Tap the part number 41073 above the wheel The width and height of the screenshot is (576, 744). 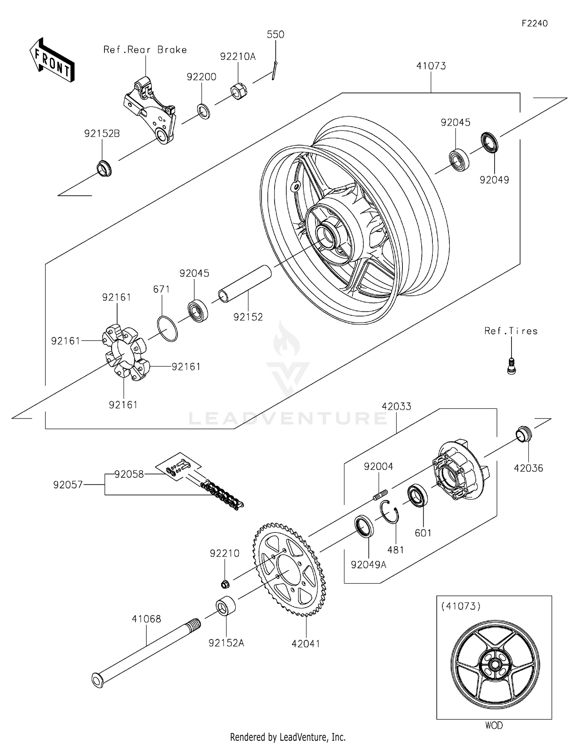tap(431, 66)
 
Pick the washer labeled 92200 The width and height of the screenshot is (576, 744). tap(204, 111)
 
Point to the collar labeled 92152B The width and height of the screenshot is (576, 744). tap(103, 169)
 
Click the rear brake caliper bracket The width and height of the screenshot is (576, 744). tap(151, 111)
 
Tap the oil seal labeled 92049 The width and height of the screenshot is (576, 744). tap(490, 142)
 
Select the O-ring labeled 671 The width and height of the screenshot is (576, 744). tap(167, 329)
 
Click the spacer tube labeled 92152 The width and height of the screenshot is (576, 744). tap(245, 284)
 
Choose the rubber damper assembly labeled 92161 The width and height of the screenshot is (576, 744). tap(124, 352)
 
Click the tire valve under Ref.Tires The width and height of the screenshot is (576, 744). tap(511, 365)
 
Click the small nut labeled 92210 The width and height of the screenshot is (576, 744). tap(225, 584)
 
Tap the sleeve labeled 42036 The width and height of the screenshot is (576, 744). tap(523, 434)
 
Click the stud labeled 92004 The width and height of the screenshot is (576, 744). tap(380, 494)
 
